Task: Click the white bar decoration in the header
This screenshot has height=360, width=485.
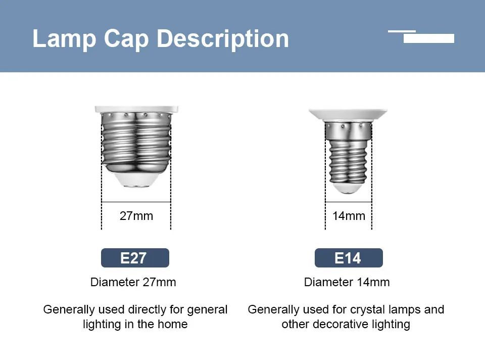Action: (428, 38)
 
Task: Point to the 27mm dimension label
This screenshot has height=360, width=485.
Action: (136, 216)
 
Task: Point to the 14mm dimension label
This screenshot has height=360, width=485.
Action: (349, 216)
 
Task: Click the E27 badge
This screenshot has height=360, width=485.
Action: (135, 258)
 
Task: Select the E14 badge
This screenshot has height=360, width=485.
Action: (349, 258)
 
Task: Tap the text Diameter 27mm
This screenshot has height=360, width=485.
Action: (133, 282)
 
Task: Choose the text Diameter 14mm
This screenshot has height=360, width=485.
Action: (347, 282)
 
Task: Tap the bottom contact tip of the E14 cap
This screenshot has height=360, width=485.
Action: (348, 190)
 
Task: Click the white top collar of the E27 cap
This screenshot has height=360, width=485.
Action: (136, 109)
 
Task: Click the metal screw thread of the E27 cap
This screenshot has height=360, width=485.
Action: (136, 142)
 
